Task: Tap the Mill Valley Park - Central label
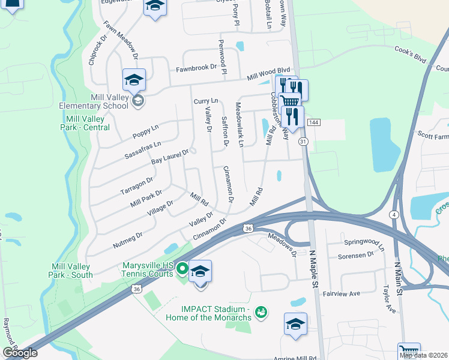[85, 123]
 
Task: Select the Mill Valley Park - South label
[71, 271]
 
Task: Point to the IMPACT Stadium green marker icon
[261, 311]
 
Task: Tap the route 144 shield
[313, 122]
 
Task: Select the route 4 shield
[394, 214]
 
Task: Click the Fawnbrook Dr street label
[196, 68]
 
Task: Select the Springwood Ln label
[364, 242]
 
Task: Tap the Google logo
[20, 353]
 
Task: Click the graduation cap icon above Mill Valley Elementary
[134, 79]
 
